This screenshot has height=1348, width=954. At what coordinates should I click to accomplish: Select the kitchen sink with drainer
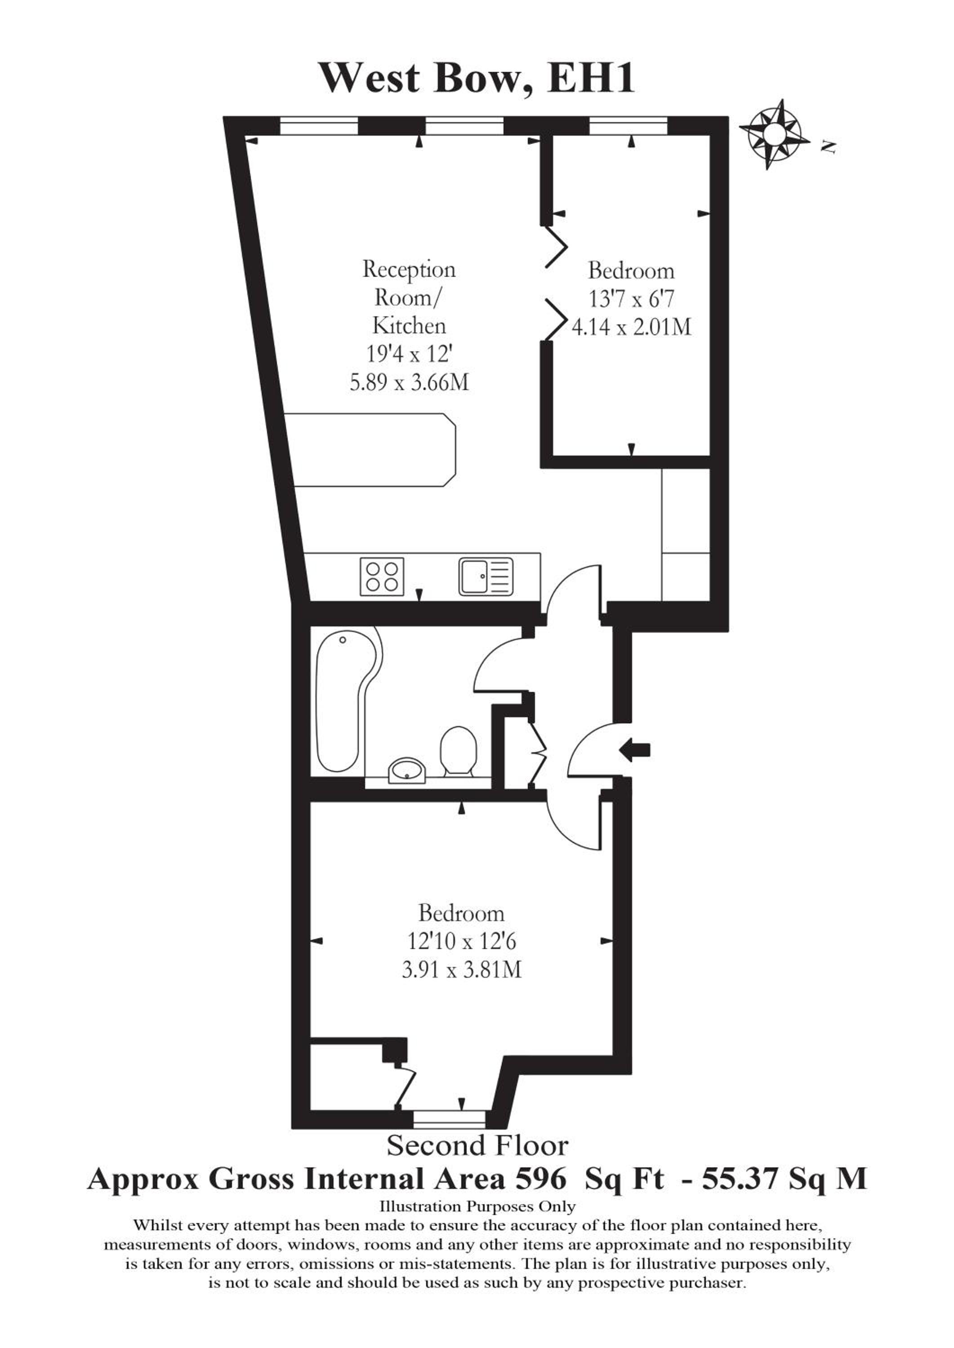[486, 576]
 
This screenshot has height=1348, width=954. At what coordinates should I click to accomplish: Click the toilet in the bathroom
[458, 752]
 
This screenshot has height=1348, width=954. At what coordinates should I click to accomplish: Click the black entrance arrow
[635, 750]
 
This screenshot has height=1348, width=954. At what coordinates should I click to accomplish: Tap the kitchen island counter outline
[370, 450]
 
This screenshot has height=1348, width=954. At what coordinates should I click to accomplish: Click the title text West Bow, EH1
[477, 78]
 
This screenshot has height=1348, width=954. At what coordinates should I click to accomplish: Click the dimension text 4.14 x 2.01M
[632, 326]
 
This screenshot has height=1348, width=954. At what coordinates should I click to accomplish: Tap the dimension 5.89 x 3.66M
[410, 383]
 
